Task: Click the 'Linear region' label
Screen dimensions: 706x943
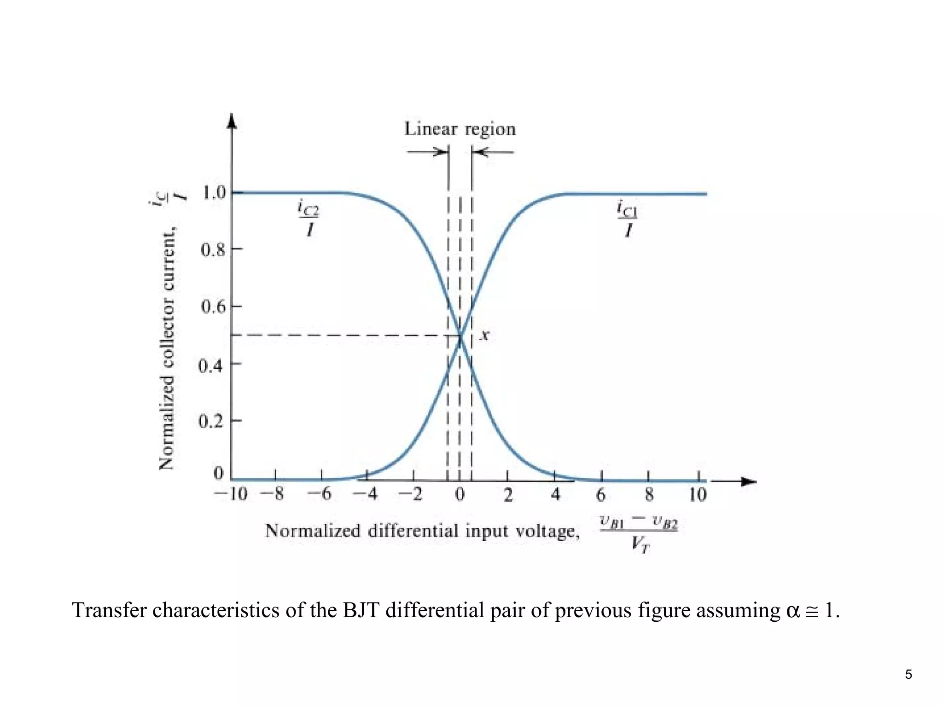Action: (460, 129)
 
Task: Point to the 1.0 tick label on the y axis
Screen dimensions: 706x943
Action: (214, 192)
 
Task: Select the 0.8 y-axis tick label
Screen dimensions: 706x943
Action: (214, 249)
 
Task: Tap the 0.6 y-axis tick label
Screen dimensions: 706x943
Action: (214, 307)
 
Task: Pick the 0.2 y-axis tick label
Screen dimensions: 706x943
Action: (211, 421)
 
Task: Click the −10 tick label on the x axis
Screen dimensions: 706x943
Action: (231, 494)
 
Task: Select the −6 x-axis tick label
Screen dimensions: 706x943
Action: (320, 494)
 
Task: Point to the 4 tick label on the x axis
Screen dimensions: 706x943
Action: (556, 494)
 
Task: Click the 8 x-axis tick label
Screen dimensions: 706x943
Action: (649, 494)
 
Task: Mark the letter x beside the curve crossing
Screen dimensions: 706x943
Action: (484, 335)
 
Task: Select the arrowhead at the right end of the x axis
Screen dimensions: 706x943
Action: (749, 481)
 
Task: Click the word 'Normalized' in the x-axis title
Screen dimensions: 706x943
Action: (313, 531)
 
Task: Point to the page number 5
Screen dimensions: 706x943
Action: (908, 674)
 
